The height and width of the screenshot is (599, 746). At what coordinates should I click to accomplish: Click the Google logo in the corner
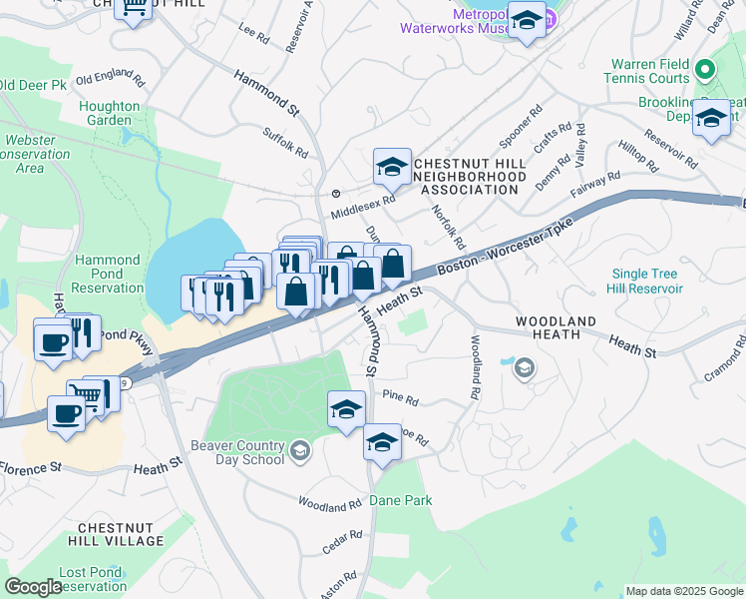pos(33,587)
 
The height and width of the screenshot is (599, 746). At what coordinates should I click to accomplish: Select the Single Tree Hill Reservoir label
pos(646,282)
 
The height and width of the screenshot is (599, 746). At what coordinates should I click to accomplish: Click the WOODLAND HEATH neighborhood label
pos(556,328)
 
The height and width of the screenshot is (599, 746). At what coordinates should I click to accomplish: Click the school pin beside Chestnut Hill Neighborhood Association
pos(392,167)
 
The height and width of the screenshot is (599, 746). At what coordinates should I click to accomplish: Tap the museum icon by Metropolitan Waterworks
pos(527,20)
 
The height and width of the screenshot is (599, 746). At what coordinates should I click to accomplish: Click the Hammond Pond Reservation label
pos(109,275)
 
